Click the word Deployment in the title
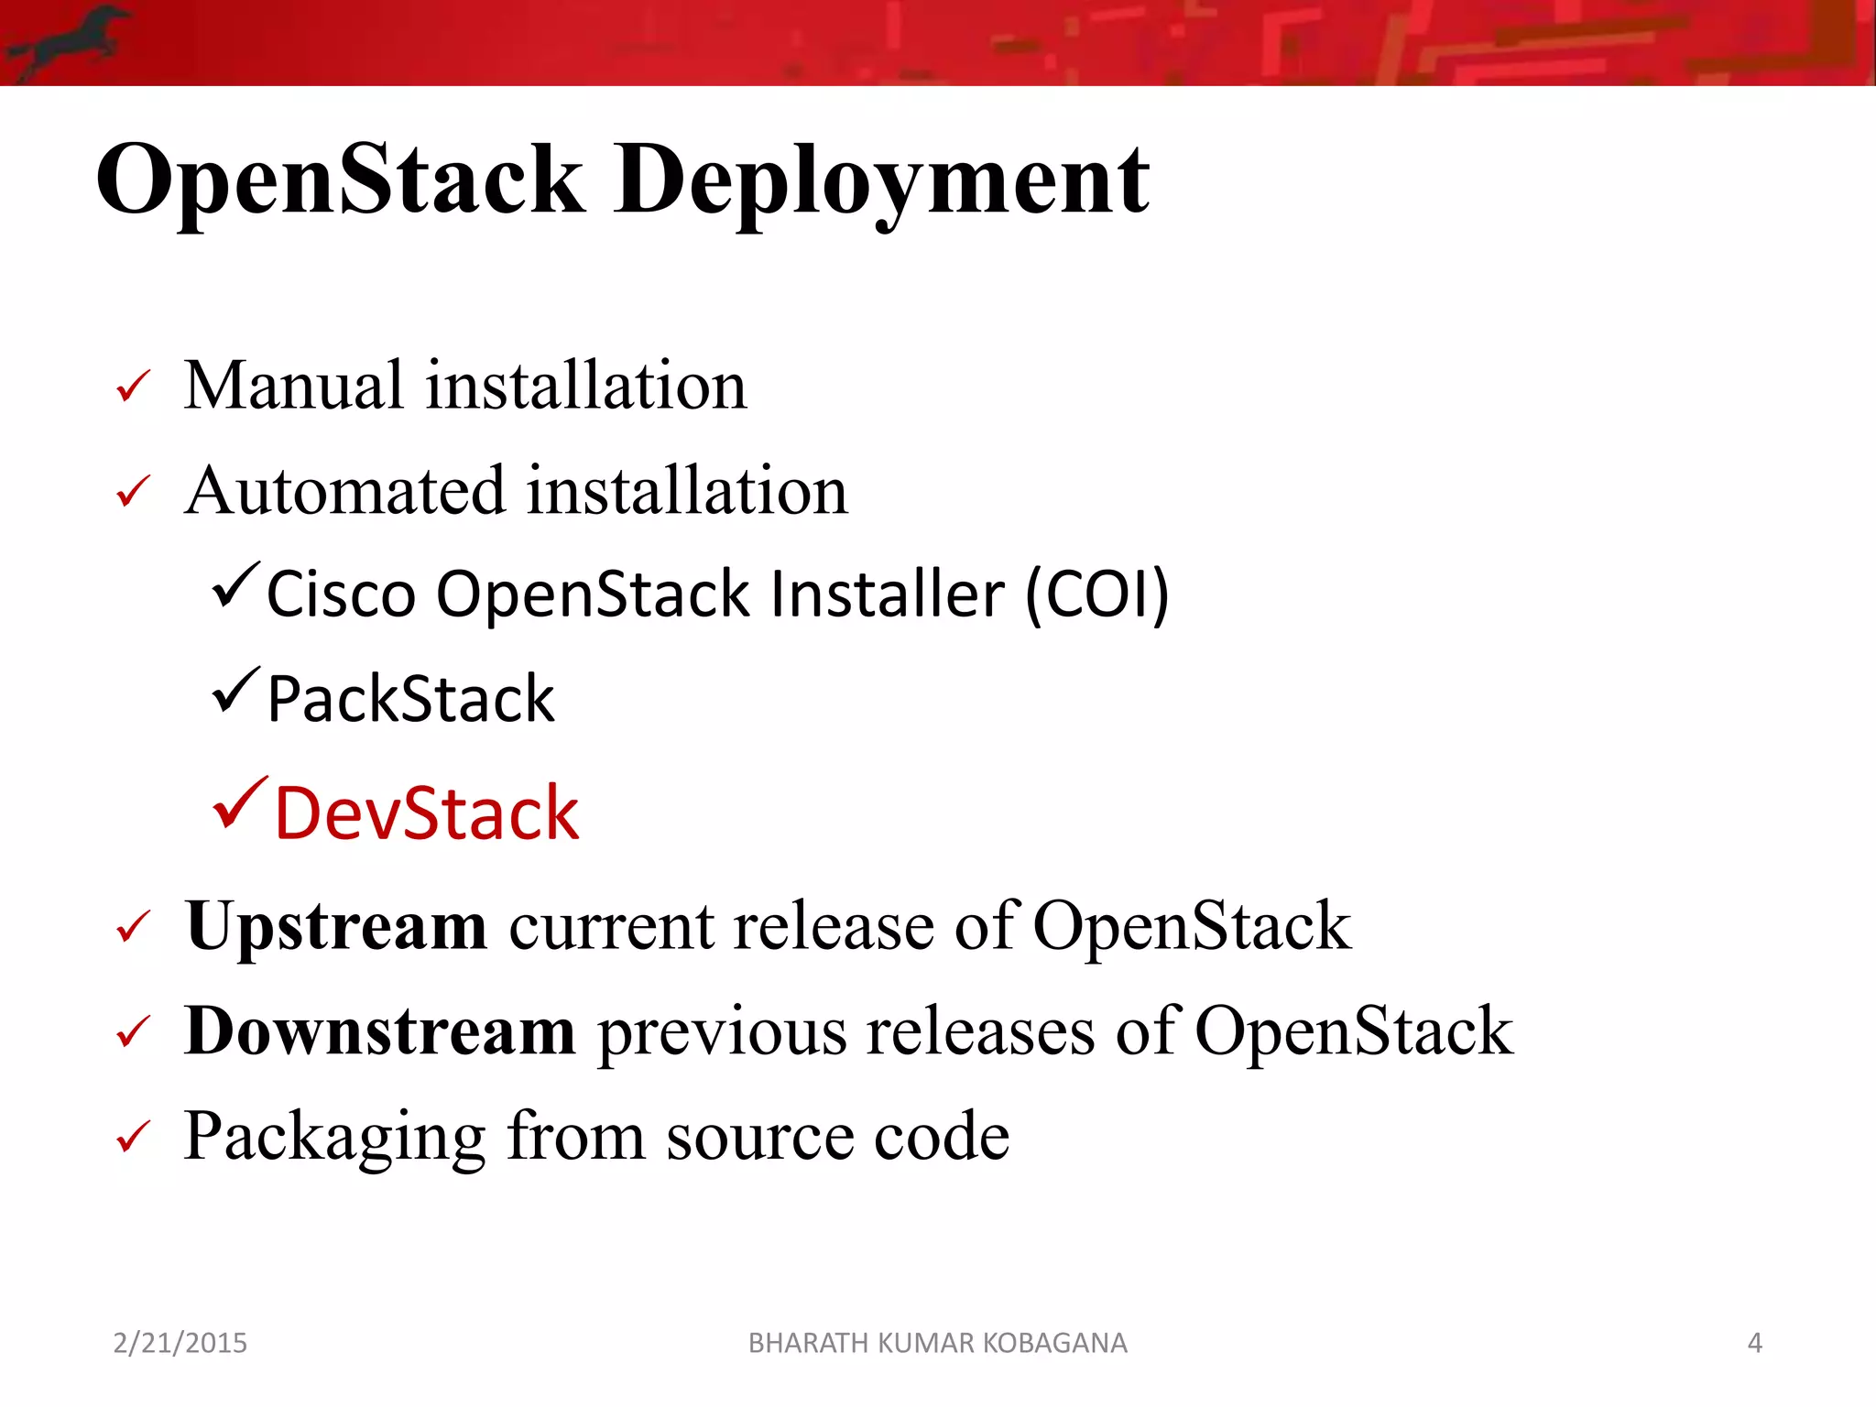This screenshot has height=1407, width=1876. (881, 181)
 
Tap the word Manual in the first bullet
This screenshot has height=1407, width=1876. (293, 386)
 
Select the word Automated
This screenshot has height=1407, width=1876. (344, 491)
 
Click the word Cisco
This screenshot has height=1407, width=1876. (341, 594)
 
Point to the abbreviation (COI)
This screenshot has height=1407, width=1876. (1096, 594)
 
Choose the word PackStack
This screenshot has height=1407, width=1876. (410, 700)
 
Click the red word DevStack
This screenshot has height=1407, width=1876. (427, 813)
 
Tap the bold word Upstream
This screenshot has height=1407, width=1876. (335, 927)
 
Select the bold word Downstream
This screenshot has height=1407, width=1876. (379, 1032)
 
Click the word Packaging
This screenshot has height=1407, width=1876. (333, 1138)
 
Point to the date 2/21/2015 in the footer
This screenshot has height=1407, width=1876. (180, 1343)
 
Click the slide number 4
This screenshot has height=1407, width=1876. (1754, 1343)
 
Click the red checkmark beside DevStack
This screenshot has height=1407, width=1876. (240, 802)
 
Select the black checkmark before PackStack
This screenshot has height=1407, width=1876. (235, 691)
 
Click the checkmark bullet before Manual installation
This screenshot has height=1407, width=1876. (133, 387)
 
